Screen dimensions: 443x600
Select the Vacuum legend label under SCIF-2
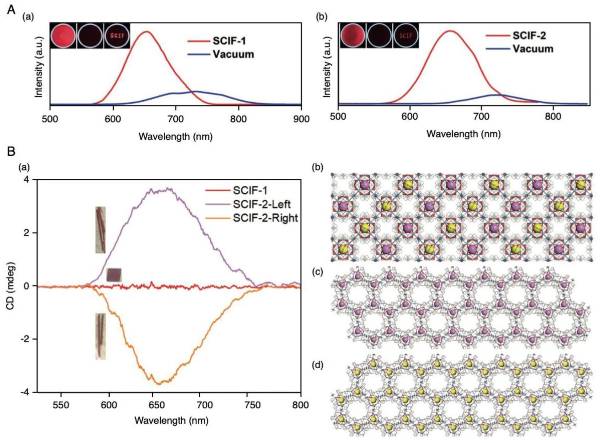click(x=533, y=49)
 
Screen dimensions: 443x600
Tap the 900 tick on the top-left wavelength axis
click(x=301, y=119)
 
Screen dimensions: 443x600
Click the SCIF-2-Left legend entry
click(x=262, y=204)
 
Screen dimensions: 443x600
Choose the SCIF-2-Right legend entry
click(x=265, y=218)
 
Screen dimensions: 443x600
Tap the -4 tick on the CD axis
click(x=28, y=392)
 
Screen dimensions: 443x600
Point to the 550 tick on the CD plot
click(x=61, y=405)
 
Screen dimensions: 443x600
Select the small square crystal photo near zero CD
click(x=114, y=275)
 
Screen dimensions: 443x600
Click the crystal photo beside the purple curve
click(x=100, y=230)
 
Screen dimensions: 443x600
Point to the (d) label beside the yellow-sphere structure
click(x=318, y=365)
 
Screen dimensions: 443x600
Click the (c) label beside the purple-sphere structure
click(x=318, y=272)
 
